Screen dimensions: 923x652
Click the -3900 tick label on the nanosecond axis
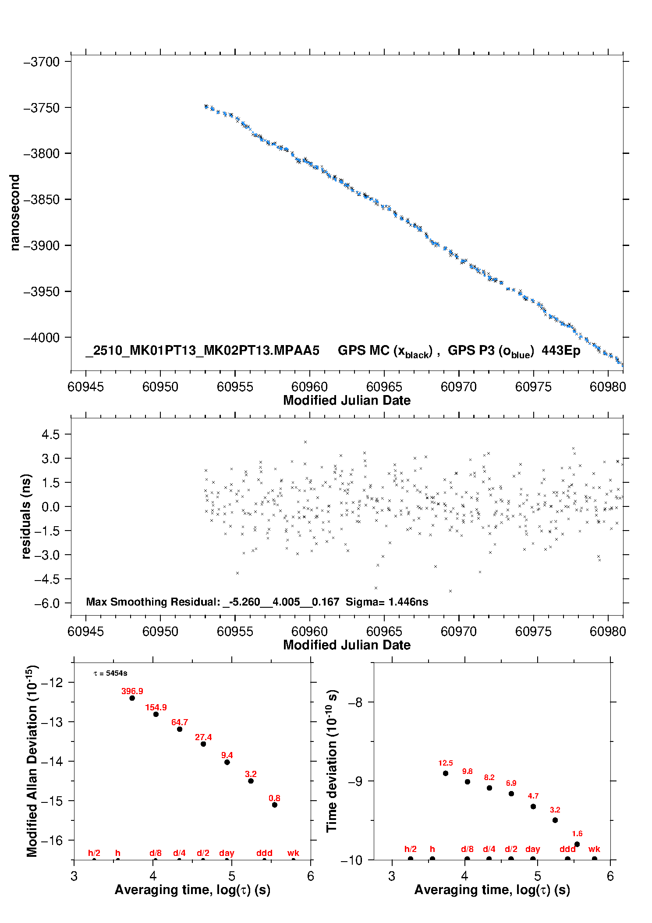[41, 246]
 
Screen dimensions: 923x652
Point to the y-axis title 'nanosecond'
[15, 213]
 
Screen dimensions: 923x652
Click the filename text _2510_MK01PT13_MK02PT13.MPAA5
[202, 350]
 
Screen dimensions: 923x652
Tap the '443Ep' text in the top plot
[561, 350]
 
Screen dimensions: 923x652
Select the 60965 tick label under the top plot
[384, 387]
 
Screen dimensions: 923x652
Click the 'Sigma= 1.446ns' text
[387, 602]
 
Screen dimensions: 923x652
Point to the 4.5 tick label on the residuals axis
[50, 435]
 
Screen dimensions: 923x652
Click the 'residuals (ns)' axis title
[26, 516]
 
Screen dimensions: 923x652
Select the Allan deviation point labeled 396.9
[132, 698]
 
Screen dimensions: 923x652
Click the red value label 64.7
[180, 722]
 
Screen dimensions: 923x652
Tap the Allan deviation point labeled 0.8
[275, 805]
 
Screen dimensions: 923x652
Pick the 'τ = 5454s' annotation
[110, 673]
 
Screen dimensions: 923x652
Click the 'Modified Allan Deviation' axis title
[32, 761]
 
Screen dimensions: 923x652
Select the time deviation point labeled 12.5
[446, 773]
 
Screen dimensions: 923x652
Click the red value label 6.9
[511, 783]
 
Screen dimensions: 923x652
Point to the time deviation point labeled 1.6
[577, 844]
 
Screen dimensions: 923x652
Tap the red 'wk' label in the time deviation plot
[594, 849]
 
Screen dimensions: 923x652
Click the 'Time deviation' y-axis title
[332, 761]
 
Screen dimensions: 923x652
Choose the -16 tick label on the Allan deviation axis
[52, 840]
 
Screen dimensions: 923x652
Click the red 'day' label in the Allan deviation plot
[227, 853]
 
